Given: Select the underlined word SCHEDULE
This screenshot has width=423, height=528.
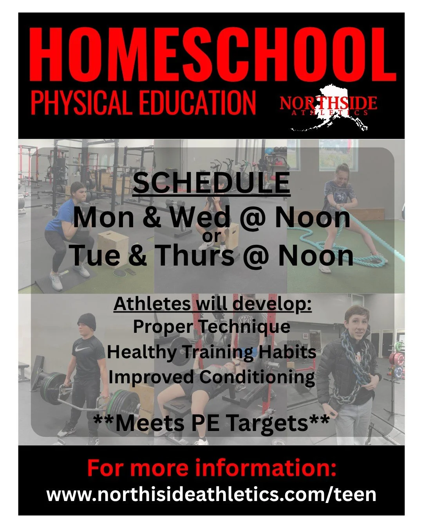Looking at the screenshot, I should (211, 183).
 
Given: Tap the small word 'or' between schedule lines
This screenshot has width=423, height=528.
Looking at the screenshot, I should (211, 236).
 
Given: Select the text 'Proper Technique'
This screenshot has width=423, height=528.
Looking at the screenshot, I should (211, 327).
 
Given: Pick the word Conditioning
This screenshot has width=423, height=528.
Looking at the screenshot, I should (257, 377).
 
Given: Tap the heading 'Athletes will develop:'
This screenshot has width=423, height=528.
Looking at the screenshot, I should (213, 304).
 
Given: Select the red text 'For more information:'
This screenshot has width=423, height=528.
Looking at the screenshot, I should (211, 468).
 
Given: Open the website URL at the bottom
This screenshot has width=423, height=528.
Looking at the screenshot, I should (211, 494).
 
